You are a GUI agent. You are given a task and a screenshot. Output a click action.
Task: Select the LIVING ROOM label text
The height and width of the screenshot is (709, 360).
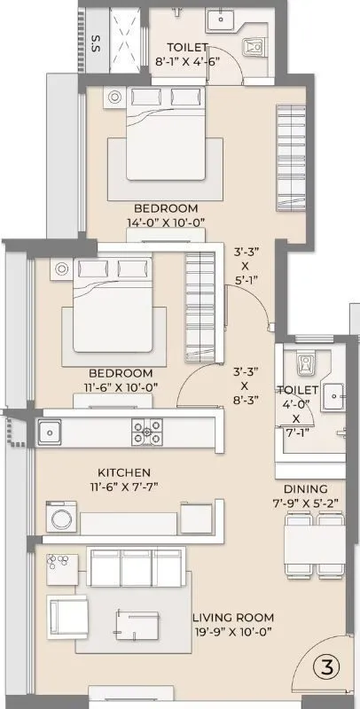coord(232,617)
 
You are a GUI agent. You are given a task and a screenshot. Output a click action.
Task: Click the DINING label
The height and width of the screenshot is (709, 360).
coord(306,488)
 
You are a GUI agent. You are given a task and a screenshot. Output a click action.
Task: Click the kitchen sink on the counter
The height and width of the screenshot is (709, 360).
coord(49,432)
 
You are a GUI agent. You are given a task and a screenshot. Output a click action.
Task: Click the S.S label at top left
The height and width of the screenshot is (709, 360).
coord(95,42)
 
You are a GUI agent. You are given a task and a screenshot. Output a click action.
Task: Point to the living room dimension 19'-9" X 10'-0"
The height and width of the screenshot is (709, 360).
coord(232,632)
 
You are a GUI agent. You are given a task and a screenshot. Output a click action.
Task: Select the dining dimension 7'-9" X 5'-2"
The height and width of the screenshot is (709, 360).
coord(306,503)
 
